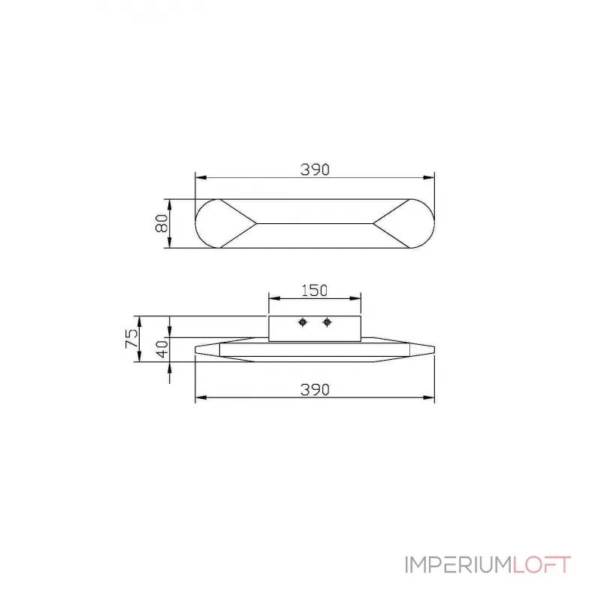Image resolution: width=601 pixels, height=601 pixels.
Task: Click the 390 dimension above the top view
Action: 315,170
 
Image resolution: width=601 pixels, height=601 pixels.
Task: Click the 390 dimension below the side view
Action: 315,390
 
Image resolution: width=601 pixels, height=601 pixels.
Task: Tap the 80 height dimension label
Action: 162,223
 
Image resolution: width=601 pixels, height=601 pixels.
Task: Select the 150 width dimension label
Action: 314,291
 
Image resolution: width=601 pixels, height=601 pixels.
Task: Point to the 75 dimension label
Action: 131,338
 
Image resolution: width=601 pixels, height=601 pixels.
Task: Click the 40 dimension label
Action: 162,349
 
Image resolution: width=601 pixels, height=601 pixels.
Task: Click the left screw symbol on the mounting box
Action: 303,322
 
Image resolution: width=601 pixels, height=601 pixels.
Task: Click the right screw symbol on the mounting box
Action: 327,322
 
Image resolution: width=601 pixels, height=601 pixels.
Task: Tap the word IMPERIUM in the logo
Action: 458,565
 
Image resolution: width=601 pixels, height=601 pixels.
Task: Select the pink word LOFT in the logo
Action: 542,565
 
